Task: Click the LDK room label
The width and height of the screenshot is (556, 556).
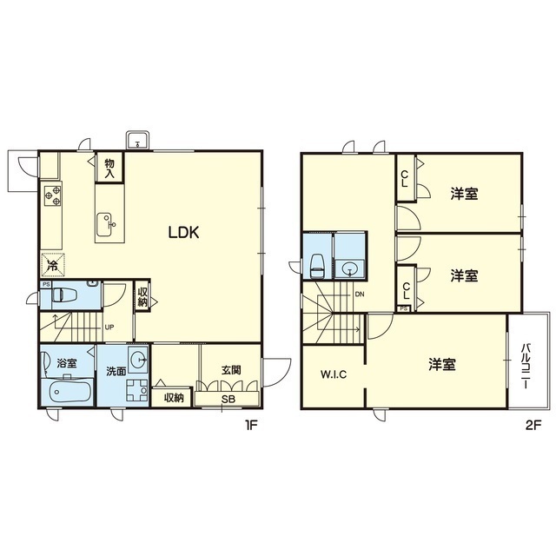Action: [x=183, y=232]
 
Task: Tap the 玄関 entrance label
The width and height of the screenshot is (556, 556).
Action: [x=231, y=370]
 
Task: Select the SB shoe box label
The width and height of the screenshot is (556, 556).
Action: [x=228, y=399]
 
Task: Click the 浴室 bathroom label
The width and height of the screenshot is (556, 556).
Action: [x=67, y=363]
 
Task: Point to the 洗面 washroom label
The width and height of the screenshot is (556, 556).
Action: [x=116, y=371]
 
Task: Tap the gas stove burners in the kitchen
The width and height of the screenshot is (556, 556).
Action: [x=53, y=196]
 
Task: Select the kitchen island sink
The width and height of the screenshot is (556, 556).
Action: [x=105, y=224]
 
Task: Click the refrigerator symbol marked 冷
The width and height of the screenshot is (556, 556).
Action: [x=53, y=264]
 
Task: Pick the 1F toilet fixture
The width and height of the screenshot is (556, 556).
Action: [x=64, y=295]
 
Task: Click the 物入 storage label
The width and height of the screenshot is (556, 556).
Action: [x=109, y=169]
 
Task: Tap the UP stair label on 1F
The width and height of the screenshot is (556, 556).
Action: [x=109, y=327]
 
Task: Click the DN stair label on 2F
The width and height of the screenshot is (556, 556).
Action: [x=360, y=295]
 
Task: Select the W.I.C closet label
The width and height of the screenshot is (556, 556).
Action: [x=334, y=374]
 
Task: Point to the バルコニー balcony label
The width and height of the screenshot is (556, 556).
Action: [x=525, y=367]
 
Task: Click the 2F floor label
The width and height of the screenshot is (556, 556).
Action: [x=533, y=426]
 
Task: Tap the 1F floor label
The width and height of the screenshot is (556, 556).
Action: [x=250, y=425]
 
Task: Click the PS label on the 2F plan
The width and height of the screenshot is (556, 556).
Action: [x=403, y=308]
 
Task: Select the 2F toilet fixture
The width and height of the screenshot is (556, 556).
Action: [x=317, y=267]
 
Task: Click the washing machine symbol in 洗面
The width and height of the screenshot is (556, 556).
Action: [x=137, y=390]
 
